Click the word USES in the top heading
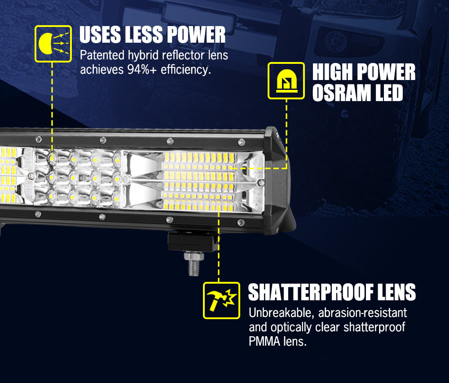click(100, 35)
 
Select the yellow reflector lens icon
click(53, 44)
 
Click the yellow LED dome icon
click(286, 81)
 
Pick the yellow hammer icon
click(221, 300)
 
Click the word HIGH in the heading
click(332, 72)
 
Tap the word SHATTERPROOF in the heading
click(311, 292)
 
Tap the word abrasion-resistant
click(362, 312)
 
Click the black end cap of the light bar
click(279, 181)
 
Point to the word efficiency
click(186, 69)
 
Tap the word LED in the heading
click(389, 93)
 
